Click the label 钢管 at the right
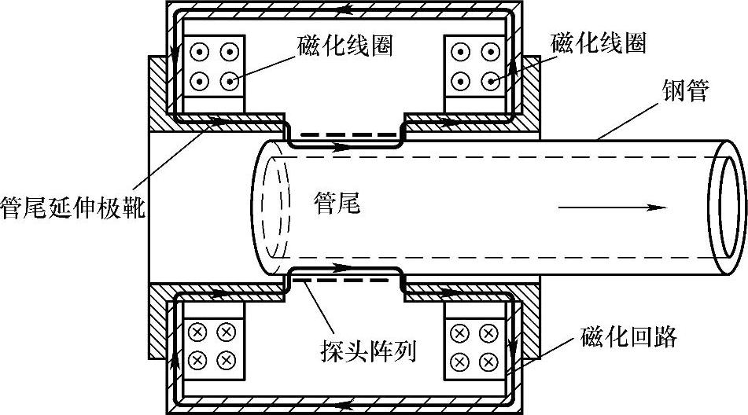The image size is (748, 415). tap(687, 93)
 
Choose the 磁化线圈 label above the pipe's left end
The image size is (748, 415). tap(345, 45)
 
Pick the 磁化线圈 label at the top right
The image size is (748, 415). tap(599, 44)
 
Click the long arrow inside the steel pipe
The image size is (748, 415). tap(613, 208)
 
